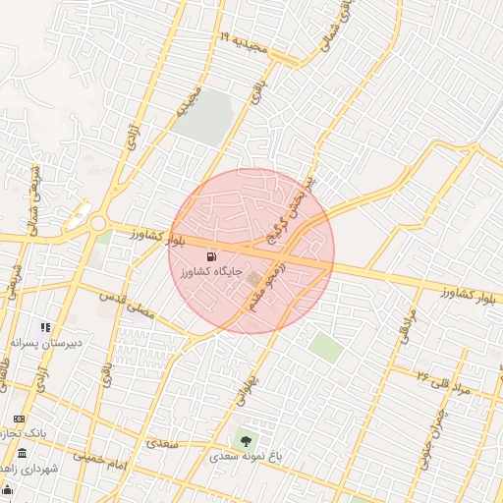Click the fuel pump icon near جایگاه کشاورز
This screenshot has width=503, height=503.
tap(209, 256)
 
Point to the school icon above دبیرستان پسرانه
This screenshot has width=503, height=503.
tap(44, 327)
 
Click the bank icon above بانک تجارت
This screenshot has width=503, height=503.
tap(19, 419)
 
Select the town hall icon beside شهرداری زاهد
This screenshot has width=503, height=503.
tap(22, 453)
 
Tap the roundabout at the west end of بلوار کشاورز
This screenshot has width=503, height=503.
tap(99, 224)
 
